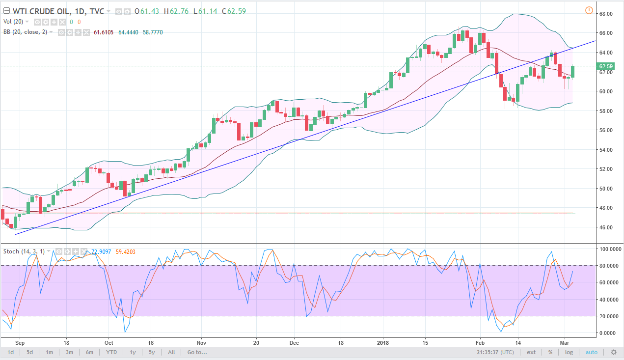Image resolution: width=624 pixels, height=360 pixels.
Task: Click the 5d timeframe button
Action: [x=29, y=352]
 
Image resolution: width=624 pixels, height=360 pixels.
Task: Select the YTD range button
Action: [x=111, y=352]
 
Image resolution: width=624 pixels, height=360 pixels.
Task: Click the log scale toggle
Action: [x=569, y=352]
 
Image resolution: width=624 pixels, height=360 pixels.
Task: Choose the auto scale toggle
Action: [x=592, y=352]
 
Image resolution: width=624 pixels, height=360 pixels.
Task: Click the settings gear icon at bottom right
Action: [x=613, y=352]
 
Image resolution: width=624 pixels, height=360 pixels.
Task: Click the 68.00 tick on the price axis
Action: [x=605, y=14]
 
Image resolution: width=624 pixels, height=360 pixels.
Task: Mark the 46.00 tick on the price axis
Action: [x=605, y=227]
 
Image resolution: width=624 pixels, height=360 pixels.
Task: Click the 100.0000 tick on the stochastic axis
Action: [x=607, y=249]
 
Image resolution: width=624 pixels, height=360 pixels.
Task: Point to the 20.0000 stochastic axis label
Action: [x=607, y=316]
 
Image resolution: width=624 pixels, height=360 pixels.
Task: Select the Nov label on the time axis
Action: [x=200, y=342]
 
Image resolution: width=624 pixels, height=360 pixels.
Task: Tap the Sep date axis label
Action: [x=20, y=342]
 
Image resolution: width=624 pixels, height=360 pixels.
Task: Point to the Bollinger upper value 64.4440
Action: [x=128, y=32]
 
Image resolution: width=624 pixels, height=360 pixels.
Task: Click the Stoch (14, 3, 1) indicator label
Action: [x=24, y=251]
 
